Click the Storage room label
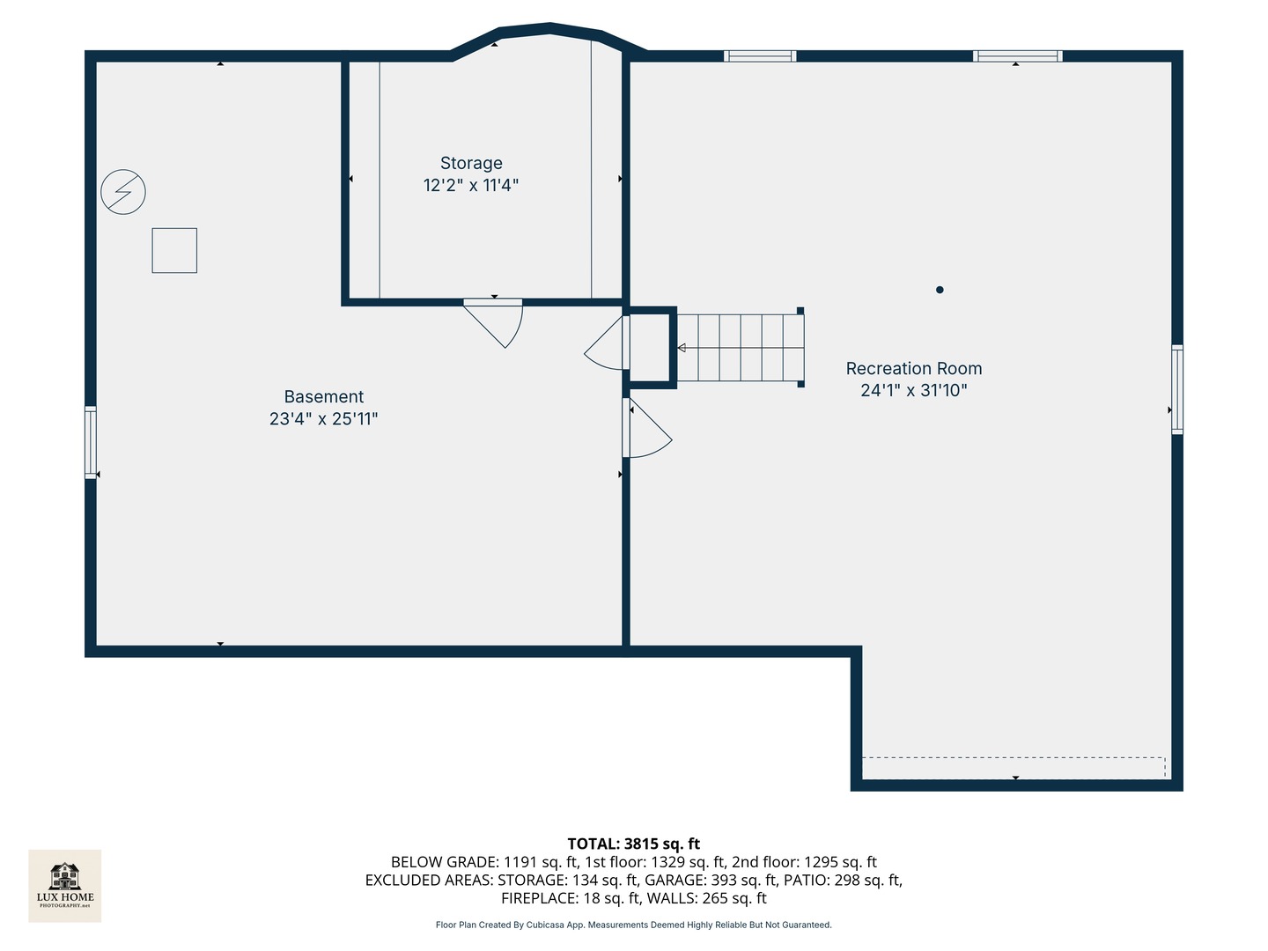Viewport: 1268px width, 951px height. click(x=471, y=163)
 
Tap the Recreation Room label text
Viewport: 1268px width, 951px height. click(x=913, y=368)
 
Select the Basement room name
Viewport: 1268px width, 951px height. click(x=323, y=396)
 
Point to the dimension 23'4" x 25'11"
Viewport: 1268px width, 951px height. click(x=323, y=419)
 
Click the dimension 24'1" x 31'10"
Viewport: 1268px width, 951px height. click(x=913, y=390)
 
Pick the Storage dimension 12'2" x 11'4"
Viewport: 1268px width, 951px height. click(x=471, y=185)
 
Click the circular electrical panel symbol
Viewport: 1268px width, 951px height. click(x=123, y=191)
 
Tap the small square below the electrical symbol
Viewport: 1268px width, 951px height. click(x=174, y=250)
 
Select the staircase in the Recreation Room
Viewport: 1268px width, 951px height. click(x=740, y=347)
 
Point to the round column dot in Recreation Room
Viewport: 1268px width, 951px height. click(x=940, y=290)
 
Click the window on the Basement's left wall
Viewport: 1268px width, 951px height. click(x=91, y=441)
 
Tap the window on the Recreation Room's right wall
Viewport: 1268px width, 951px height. click(x=1176, y=389)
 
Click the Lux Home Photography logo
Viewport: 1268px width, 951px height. click(x=65, y=885)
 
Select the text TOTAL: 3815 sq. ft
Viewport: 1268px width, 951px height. click(x=633, y=844)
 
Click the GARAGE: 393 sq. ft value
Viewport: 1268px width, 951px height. click(x=711, y=880)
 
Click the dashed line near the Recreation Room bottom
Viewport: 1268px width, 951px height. click(x=1013, y=757)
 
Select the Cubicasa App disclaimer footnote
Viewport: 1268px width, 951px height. click(x=633, y=925)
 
